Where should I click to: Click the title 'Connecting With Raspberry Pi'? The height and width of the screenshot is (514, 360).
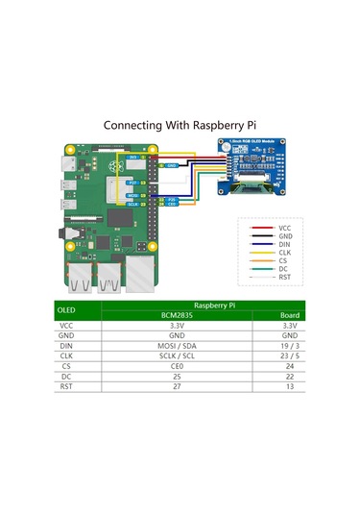pyautogui.click(x=180, y=125)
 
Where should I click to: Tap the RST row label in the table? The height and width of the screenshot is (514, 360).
pyautogui.click(x=66, y=386)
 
